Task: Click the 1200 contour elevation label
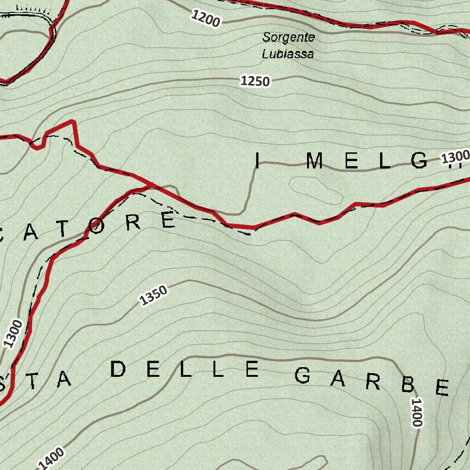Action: pyautogui.click(x=206, y=19)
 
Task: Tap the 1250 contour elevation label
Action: pyautogui.click(x=255, y=81)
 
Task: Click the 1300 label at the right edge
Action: pyautogui.click(x=455, y=157)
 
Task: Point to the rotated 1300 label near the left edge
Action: pyautogui.click(x=13, y=333)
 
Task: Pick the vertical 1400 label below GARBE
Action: pyautogui.click(x=416, y=412)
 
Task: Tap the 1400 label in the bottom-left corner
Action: pyautogui.click(x=51, y=459)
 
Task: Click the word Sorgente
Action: pyautogui.click(x=289, y=37)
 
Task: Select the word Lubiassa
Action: pyautogui.click(x=288, y=54)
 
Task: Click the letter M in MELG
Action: pyautogui.click(x=315, y=161)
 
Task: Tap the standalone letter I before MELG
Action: pyautogui.click(x=257, y=161)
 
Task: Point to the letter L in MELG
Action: pyautogui.click(x=384, y=161)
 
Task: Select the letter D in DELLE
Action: pyautogui.click(x=118, y=369)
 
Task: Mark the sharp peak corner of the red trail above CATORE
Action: pyautogui.click(x=73, y=122)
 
